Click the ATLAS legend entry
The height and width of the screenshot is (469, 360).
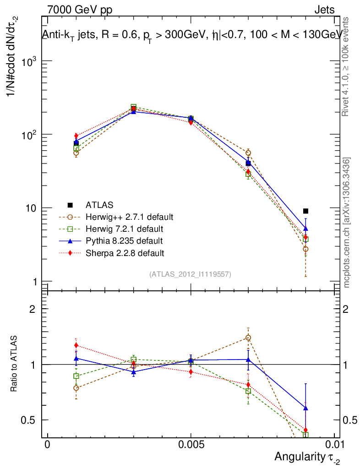(99, 205)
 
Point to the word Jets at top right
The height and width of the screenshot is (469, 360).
(324, 10)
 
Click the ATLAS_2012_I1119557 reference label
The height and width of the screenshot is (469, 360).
(190, 274)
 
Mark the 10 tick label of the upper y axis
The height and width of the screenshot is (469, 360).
(31, 208)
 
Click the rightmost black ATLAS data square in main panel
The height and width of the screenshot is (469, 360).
(306, 211)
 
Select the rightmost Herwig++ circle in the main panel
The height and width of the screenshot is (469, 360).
(305, 249)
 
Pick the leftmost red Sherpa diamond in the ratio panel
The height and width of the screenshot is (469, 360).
(76, 345)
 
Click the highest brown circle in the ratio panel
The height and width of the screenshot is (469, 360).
(248, 338)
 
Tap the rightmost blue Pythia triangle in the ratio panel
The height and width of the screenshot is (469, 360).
(306, 408)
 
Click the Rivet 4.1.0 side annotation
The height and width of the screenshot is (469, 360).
(347, 66)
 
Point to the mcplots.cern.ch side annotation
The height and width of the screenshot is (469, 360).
(347, 222)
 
